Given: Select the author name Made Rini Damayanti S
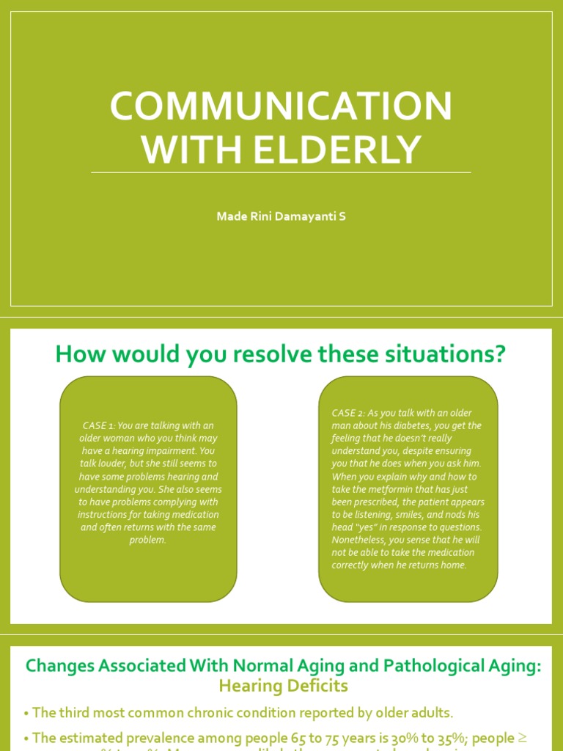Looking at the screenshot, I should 281,216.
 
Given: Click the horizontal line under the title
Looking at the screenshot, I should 281,173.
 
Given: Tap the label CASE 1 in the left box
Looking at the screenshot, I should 98,426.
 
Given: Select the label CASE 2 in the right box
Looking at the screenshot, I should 349,413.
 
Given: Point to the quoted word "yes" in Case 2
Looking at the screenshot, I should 367,527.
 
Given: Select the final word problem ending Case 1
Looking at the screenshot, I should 147,540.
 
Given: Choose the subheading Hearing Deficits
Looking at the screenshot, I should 282,686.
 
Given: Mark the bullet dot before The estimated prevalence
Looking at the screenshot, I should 26,739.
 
